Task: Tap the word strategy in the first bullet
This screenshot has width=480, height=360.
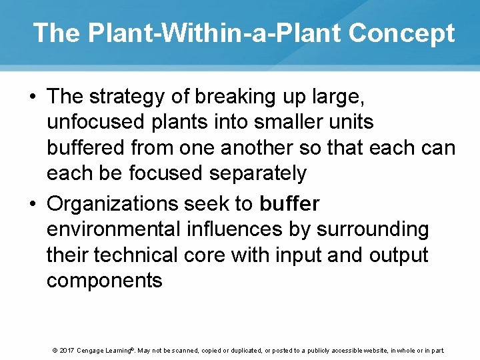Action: (x=129, y=97)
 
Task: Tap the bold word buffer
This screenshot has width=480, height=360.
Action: (x=289, y=203)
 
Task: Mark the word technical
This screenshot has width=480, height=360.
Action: (x=134, y=255)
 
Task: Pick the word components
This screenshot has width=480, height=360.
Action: (x=104, y=281)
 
